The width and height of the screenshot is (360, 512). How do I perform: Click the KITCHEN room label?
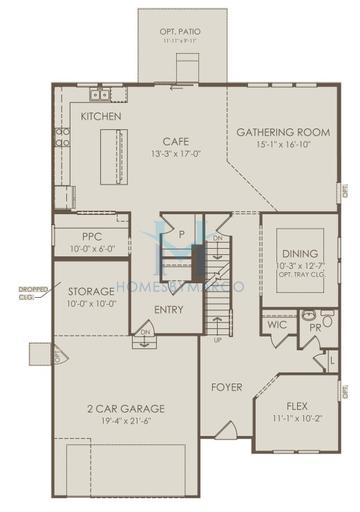pos(101,117)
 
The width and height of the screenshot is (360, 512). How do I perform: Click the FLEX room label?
pos(297,406)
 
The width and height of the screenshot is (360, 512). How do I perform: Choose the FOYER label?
pos(227,386)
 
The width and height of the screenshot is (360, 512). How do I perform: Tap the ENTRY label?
pos(169,309)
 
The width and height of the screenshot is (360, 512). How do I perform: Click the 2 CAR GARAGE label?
pos(125,408)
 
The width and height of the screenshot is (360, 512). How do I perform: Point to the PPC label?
pos(84,237)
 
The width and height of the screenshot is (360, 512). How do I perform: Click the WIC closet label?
pos(276,324)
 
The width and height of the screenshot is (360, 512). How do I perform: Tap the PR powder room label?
pos(313,326)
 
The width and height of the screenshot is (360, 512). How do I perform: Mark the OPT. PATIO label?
pos(179,33)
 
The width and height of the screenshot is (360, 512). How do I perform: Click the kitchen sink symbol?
pos(100,95)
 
